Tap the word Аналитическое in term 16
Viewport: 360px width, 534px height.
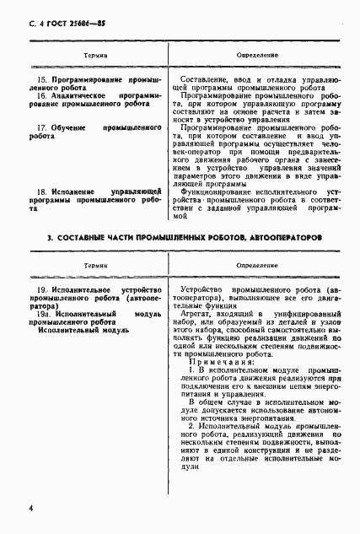(x=83, y=96)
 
